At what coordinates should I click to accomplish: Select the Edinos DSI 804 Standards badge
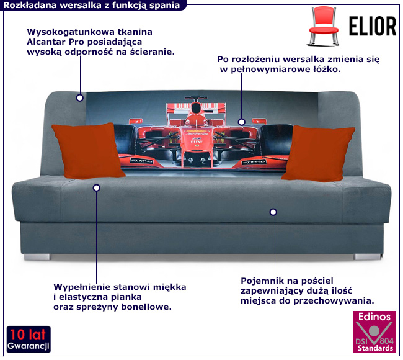click(374, 332)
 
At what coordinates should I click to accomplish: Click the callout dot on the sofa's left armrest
click(79, 97)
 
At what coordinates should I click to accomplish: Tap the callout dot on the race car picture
click(242, 122)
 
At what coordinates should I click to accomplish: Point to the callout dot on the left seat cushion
click(96, 187)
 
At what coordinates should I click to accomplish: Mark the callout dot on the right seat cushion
click(273, 212)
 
